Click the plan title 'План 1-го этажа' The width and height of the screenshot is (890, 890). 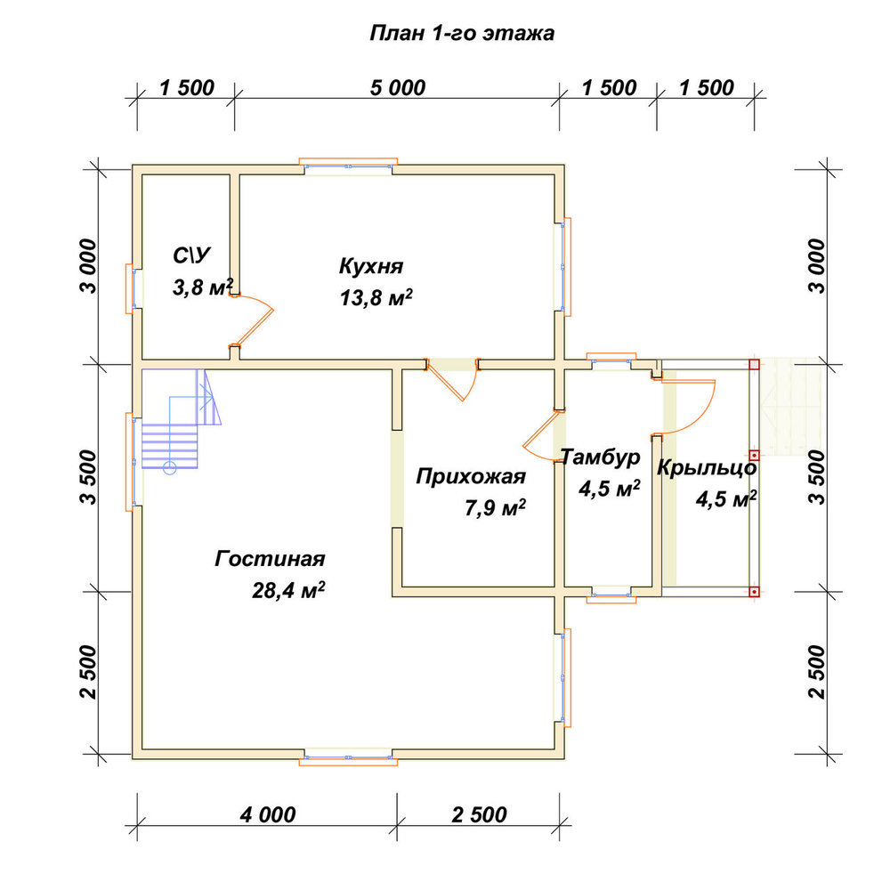coord(462,34)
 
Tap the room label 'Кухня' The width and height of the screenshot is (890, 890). coord(371,265)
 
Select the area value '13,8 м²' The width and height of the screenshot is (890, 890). coord(376,297)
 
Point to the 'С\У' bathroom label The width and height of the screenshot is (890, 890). coord(192,255)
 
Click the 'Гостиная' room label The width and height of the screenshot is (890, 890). coord(271,559)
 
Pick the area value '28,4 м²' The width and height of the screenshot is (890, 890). coord(288,590)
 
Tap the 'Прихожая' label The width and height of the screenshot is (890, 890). coord(471,476)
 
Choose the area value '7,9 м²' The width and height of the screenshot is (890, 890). coord(495,507)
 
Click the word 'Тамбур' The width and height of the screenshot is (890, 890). coord(601,457)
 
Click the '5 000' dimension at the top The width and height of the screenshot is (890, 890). coord(397,88)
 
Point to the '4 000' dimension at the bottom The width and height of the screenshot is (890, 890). coord(268,815)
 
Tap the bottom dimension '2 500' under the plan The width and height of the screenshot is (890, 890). coord(479,815)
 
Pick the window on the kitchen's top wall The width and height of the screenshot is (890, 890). coord(348,166)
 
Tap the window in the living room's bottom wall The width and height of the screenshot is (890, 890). coord(348,758)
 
